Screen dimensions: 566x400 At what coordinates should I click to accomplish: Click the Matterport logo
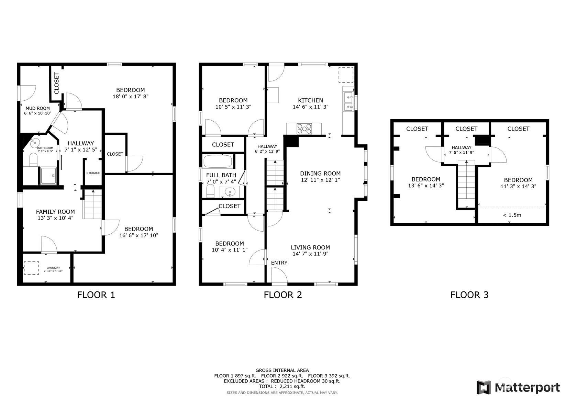click(518, 387)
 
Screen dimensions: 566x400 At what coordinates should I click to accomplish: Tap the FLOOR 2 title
click(283, 295)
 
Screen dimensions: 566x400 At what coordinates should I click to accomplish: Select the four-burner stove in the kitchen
click(304, 129)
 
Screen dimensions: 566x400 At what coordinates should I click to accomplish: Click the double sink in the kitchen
click(349, 102)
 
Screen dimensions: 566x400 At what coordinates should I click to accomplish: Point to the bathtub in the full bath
click(218, 161)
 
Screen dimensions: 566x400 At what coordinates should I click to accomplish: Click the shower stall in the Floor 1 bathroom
click(48, 176)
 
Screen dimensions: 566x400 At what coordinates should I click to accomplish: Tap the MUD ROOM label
click(38, 108)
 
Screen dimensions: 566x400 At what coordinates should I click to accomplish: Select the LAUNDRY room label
click(53, 268)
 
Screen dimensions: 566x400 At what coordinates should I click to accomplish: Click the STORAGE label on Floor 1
click(93, 173)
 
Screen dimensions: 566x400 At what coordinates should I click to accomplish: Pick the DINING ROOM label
click(320, 173)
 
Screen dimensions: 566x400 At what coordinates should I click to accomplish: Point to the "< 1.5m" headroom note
click(512, 215)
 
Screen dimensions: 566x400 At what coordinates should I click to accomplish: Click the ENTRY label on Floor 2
click(279, 263)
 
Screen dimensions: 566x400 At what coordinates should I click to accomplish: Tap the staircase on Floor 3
click(466, 184)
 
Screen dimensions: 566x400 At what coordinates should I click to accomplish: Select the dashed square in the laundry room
click(32, 268)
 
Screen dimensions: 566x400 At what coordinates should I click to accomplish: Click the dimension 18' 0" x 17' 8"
click(130, 97)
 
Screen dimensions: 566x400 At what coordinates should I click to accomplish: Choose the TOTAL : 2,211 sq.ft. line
click(282, 386)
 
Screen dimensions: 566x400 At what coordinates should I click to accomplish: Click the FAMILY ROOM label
click(55, 212)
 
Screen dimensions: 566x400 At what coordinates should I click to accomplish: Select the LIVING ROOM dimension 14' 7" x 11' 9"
click(310, 254)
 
